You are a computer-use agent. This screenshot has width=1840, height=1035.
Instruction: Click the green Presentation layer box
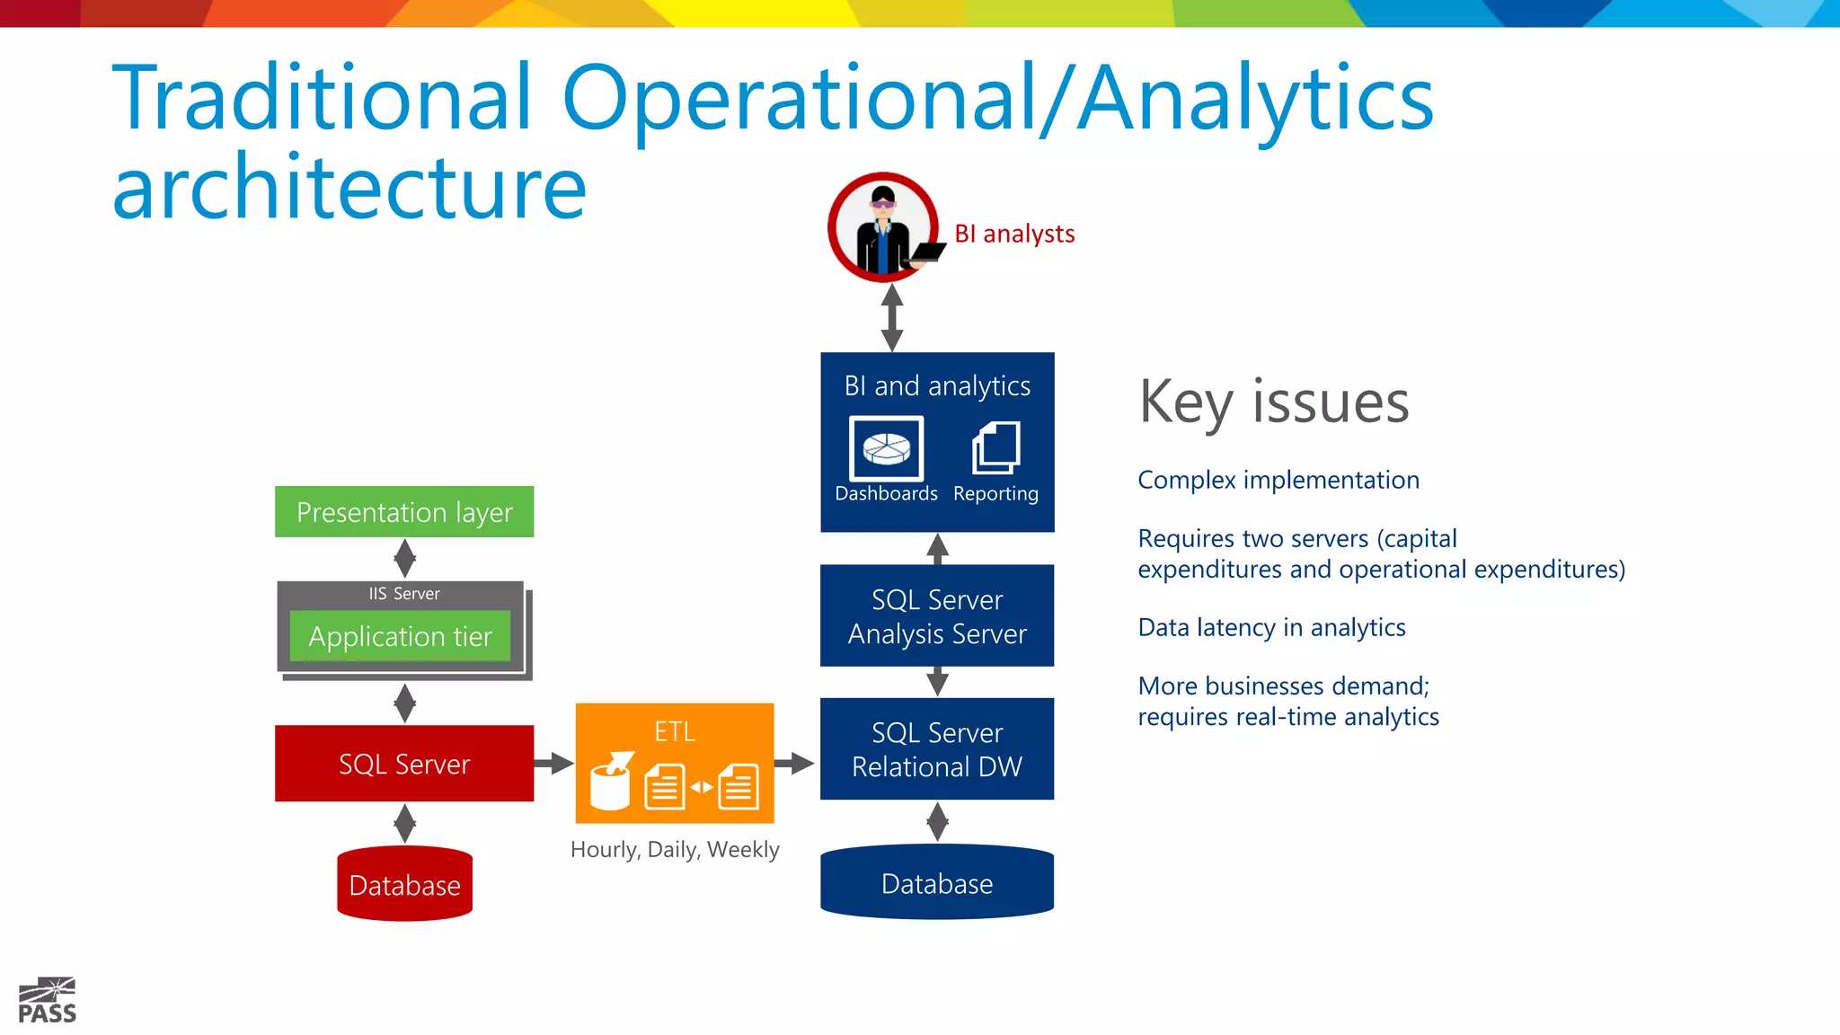point(404,512)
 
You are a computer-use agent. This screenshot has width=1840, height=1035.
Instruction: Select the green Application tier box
point(400,636)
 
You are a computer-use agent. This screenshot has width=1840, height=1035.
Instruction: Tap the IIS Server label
point(404,594)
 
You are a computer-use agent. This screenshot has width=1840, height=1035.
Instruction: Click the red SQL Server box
point(404,764)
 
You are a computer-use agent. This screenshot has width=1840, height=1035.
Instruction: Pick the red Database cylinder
point(404,884)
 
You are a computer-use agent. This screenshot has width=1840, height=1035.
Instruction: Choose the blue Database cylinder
point(937,883)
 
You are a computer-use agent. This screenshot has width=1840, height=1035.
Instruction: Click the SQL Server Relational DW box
point(937,749)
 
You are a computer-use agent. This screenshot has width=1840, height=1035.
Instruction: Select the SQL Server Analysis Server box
point(937,616)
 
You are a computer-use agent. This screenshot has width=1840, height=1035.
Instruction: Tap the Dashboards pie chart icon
point(886,447)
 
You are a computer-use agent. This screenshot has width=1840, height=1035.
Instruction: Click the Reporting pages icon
point(995,447)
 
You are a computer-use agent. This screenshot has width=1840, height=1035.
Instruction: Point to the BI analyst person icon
point(883,228)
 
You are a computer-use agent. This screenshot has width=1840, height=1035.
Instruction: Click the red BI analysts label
point(1014,234)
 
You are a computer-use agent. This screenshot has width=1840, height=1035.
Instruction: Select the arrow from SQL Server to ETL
point(553,764)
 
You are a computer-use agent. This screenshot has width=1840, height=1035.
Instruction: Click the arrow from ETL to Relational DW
point(794,764)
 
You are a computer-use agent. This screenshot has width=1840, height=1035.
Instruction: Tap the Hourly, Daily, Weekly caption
point(675,849)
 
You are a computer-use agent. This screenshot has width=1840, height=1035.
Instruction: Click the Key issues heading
point(1274,402)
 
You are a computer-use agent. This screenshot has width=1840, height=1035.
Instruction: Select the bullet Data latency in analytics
point(1271,627)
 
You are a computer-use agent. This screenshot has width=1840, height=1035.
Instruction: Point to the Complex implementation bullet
point(1278,480)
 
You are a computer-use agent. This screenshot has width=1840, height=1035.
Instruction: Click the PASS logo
point(48,1001)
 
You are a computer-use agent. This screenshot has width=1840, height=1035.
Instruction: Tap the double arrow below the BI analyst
point(892,317)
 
